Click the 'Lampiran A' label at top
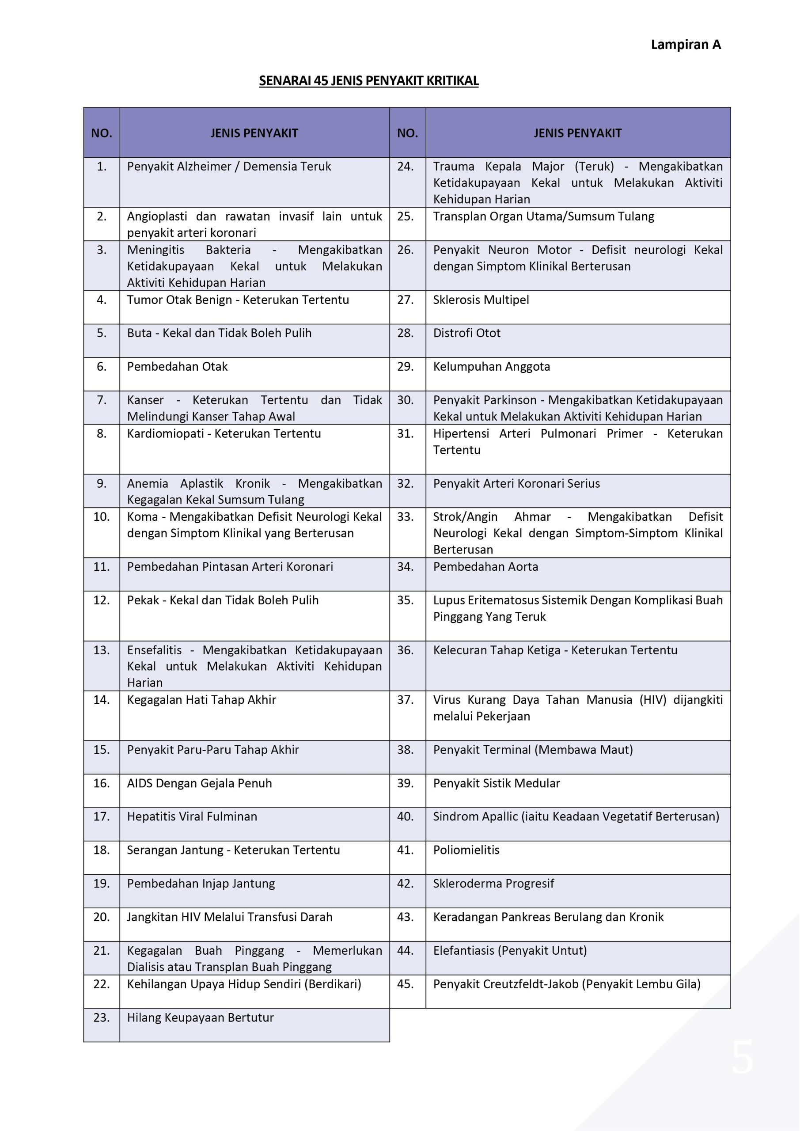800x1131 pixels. pyautogui.click(x=685, y=45)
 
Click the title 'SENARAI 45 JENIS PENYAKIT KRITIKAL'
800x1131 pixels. pyautogui.click(x=368, y=81)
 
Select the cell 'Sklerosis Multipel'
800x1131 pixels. pyautogui.click(x=481, y=300)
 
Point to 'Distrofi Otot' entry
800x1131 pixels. pyautogui.click(x=466, y=333)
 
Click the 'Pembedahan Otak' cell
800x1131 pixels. pyautogui.click(x=177, y=367)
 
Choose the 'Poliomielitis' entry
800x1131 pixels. pyautogui.click(x=466, y=850)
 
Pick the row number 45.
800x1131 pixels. pyautogui.click(x=405, y=984)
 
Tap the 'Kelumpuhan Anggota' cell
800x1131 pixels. pyautogui.click(x=491, y=367)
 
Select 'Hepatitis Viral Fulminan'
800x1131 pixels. pyautogui.click(x=192, y=816)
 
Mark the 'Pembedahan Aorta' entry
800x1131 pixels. pyautogui.click(x=485, y=566)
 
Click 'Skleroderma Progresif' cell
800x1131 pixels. pyautogui.click(x=493, y=883)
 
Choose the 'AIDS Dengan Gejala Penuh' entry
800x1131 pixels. pyautogui.click(x=199, y=783)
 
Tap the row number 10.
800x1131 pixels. pyautogui.click(x=101, y=517)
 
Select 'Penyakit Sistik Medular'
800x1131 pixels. pyautogui.click(x=496, y=783)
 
